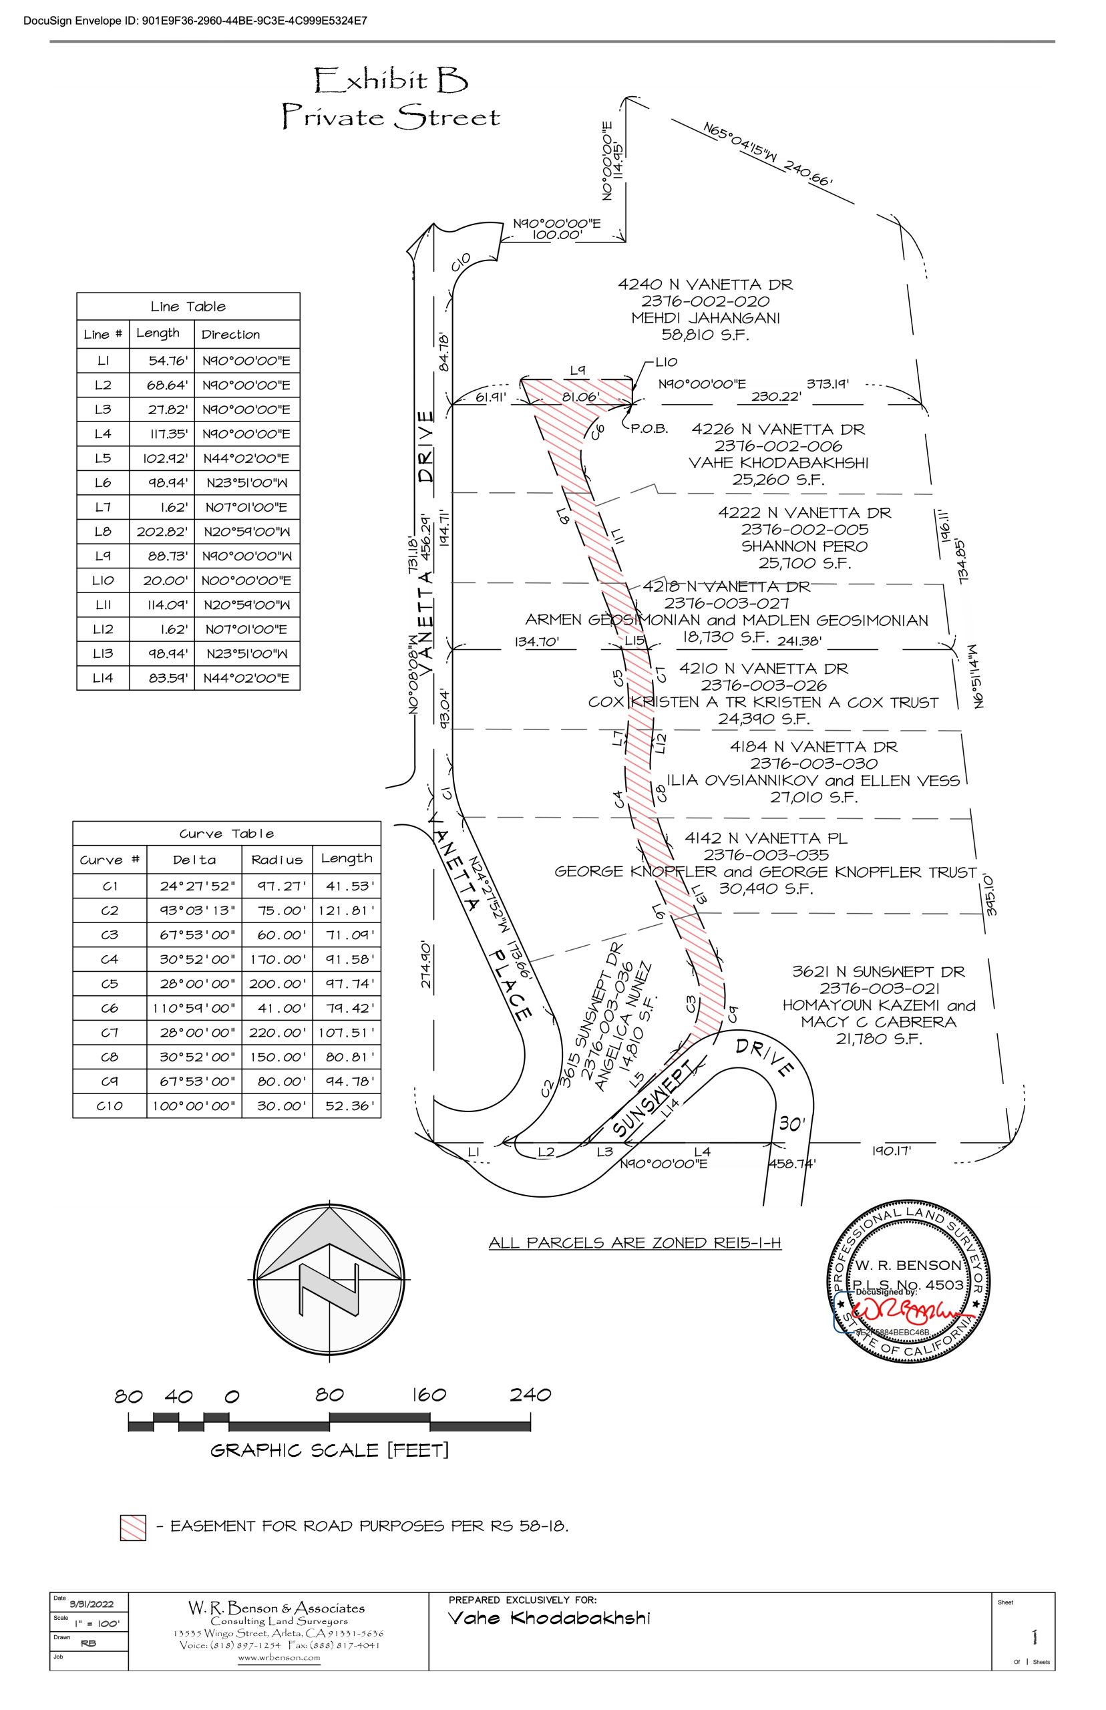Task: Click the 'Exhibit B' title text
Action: click(391, 80)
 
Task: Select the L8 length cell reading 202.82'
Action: click(162, 532)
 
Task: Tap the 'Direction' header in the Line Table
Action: click(230, 335)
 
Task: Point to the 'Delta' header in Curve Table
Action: click(194, 860)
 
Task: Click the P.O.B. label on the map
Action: click(650, 429)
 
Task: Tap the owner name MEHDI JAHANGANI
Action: click(705, 318)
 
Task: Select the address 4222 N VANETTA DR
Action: click(804, 513)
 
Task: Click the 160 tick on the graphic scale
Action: click(429, 1395)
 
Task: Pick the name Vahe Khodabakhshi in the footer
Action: click(550, 1618)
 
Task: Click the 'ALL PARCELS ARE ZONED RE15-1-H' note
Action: click(635, 1242)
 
